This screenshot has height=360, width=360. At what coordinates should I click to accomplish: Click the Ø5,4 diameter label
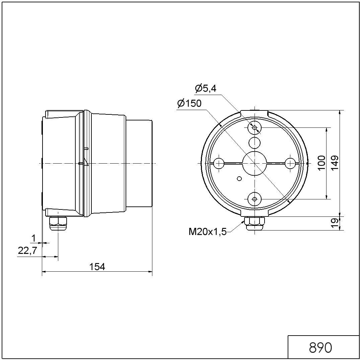(205, 89)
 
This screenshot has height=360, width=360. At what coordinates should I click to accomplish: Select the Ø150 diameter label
(190, 104)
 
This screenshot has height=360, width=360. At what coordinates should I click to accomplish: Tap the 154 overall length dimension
(97, 267)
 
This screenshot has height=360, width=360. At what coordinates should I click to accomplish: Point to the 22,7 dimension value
(27, 251)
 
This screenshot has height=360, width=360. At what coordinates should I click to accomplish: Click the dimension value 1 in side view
(33, 238)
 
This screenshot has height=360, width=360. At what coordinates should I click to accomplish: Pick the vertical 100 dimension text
(321, 163)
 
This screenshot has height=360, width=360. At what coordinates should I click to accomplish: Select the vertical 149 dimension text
(335, 163)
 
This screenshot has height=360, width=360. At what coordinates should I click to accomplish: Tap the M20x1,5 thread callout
(208, 232)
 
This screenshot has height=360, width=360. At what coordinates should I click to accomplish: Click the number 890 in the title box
(320, 348)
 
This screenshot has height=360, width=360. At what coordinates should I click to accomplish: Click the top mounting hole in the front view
(255, 127)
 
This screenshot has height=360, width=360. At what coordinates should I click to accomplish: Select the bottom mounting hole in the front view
(255, 199)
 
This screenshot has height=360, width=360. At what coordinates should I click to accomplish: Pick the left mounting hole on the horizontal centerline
(219, 163)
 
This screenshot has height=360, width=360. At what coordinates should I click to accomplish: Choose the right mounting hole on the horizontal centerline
(290, 163)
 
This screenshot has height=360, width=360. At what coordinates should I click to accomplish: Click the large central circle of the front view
(255, 163)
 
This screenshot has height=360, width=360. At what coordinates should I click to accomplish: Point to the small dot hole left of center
(239, 179)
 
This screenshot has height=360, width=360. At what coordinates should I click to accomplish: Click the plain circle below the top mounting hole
(255, 143)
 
